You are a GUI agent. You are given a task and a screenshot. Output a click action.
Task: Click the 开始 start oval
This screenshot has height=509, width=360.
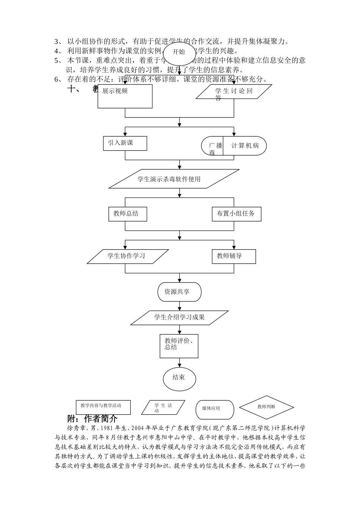(x=179, y=52)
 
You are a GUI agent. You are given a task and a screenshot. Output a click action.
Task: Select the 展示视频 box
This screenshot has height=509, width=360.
(x=125, y=96)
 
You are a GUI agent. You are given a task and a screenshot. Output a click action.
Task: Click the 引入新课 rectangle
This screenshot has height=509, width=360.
(x=125, y=143)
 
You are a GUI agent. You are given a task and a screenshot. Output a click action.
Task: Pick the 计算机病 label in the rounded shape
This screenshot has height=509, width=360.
(x=245, y=146)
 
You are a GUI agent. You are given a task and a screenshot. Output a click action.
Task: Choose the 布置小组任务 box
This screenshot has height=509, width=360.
(x=236, y=214)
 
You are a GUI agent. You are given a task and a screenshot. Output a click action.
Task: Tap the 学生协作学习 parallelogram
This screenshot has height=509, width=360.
(x=128, y=256)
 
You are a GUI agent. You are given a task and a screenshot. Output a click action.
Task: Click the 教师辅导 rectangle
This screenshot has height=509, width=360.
(x=233, y=256)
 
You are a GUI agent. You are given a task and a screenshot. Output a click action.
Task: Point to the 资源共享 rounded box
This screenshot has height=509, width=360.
(x=179, y=292)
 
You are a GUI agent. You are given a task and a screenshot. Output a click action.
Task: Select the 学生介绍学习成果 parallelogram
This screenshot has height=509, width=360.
(x=179, y=317)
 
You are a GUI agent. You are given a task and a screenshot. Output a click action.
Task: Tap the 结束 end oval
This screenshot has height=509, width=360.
(x=179, y=378)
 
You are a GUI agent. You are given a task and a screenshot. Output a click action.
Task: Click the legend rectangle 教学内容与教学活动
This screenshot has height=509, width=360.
(x=103, y=407)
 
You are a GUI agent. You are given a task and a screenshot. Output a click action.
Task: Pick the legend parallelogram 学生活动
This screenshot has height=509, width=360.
(x=163, y=408)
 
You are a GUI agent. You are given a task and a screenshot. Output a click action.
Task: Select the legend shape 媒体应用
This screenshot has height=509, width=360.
(x=214, y=409)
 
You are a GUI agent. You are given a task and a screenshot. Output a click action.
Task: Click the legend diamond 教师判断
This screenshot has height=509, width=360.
(x=266, y=407)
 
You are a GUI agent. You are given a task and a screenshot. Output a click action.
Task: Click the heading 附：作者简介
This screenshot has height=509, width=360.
(x=92, y=419)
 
